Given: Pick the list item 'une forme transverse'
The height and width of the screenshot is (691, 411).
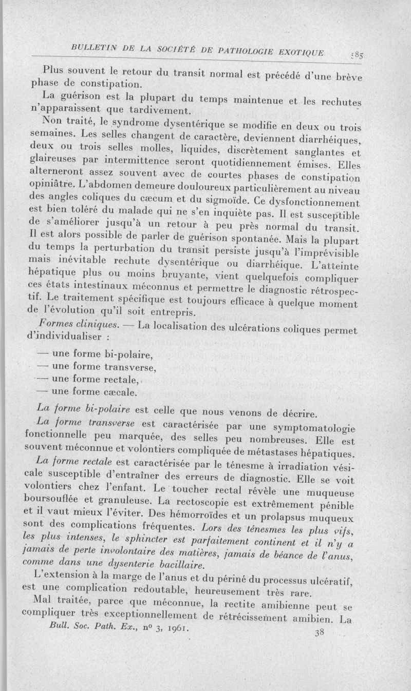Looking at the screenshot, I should tap(97, 367).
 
